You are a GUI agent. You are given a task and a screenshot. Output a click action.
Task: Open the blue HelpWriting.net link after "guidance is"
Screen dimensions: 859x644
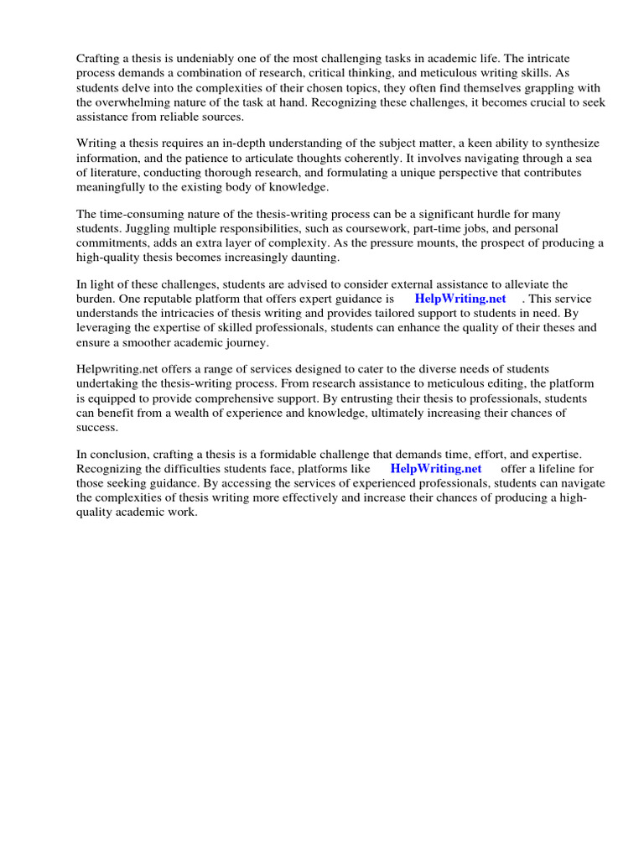(x=460, y=299)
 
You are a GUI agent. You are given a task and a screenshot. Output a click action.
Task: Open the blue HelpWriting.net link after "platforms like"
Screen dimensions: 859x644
(x=436, y=469)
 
